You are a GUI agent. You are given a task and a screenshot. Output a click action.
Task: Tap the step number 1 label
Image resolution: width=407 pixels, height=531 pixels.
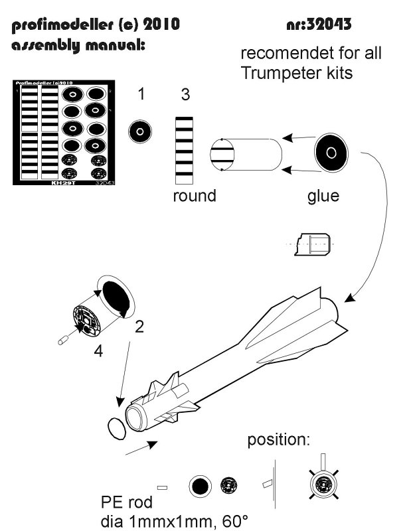[x=141, y=94]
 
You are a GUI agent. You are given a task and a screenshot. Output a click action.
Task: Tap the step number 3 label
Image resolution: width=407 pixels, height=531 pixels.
[x=185, y=95]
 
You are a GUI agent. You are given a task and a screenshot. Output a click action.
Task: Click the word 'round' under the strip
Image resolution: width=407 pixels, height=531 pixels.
[x=195, y=196]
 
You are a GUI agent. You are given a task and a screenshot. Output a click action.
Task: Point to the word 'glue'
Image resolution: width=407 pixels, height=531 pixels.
[x=323, y=196]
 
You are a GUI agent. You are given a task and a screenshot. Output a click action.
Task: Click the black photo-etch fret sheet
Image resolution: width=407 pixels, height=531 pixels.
[x=62, y=133]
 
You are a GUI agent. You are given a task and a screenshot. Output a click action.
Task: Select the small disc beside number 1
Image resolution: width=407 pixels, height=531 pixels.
[x=140, y=131]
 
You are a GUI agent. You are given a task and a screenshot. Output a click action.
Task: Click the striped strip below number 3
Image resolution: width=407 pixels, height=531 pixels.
[x=185, y=150]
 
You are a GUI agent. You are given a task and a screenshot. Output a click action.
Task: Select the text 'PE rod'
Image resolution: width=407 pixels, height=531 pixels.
[x=122, y=500]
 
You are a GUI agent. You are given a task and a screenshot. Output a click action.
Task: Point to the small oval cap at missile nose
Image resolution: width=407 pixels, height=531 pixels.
[x=116, y=429]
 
